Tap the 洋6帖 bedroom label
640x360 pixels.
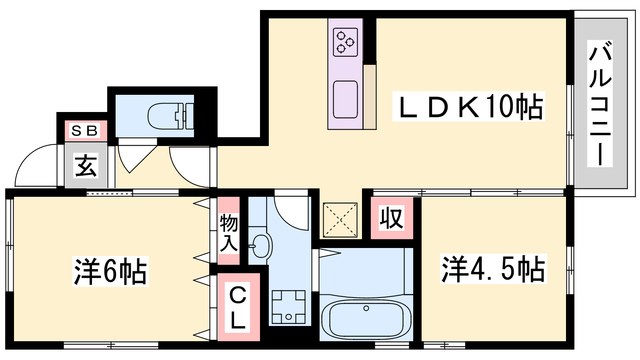(x=110, y=272)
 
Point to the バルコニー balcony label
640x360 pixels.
(x=600, y=104)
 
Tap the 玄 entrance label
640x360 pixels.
(x=86, y=166)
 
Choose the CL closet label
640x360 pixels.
(x=238, y=308)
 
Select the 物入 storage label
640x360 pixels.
(x=228, y=234)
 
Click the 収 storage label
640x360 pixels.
(x=392, y=218)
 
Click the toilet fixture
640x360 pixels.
(x=171, y=116)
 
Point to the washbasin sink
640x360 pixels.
(x=260, y=246)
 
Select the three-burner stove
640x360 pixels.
(x=346, y=42)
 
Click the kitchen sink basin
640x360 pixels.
(x=346, y=100)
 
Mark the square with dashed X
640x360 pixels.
(x=340, y=220)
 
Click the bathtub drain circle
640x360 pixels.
(x=366, y=308)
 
